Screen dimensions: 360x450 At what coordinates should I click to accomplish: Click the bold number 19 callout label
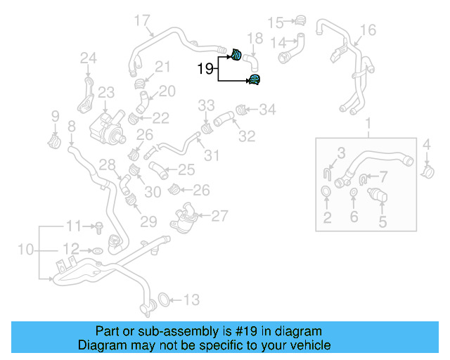(205, 69)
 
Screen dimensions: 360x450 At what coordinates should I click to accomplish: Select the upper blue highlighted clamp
(237, 53)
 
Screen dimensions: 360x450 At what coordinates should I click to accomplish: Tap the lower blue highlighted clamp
(254, 79)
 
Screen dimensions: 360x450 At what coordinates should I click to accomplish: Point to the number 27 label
(219, 216)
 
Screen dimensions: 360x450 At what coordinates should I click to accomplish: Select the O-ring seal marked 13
(162, 300)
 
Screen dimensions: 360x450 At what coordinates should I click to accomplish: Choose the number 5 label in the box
(382, 222)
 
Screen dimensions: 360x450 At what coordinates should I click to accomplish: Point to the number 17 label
(141, 20)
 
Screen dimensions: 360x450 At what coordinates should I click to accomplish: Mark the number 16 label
(368, 30)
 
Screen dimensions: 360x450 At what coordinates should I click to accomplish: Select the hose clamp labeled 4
(427, 170)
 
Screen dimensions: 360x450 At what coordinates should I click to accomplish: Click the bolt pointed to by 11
(99, 226)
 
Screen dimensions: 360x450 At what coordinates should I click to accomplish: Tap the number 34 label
(267, 109)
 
